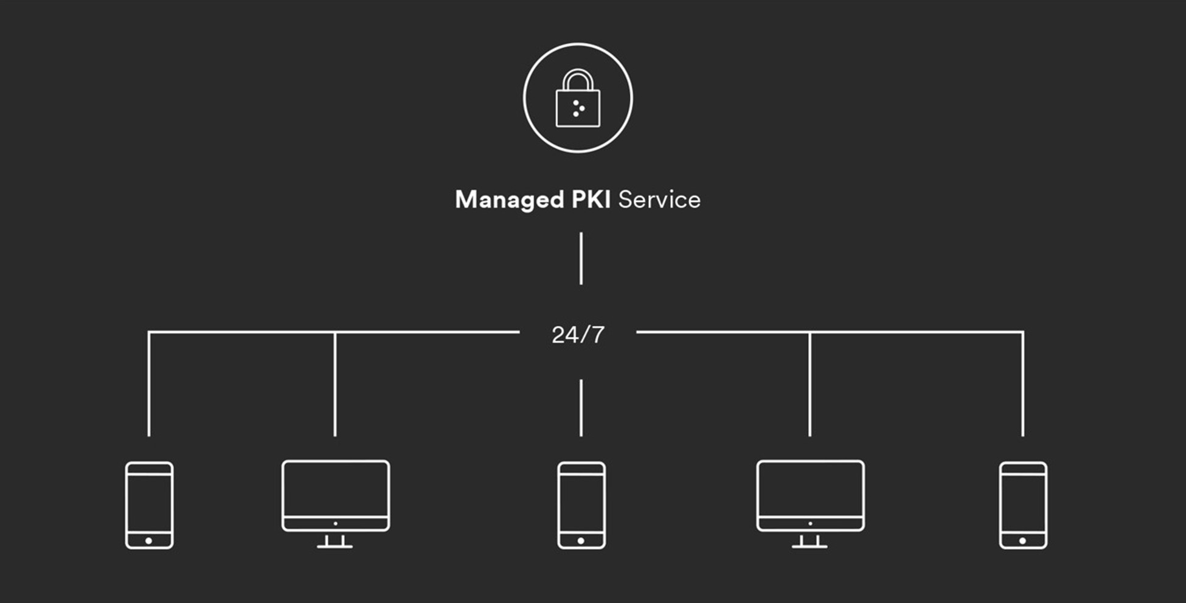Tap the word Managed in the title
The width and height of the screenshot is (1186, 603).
pos(509,200)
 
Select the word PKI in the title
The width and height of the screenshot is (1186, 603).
pos(591,200)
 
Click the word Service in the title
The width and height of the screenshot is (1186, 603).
pos(659,200)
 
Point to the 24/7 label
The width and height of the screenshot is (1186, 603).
pos(578,335)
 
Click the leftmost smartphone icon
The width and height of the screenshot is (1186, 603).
pos(149,505)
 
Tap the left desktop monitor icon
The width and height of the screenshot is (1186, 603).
pos(335,496)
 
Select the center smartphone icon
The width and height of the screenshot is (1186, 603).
pos(581,505)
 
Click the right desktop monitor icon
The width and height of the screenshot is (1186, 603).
pos(810,496)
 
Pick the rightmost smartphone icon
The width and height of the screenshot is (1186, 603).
pos(1023,505)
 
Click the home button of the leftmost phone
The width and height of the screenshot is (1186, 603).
pos(149,540)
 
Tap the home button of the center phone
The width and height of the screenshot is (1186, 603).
pos(581,540)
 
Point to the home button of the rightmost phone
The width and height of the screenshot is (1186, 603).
pos(1023,540)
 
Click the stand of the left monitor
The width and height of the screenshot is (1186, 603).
pos(335,541)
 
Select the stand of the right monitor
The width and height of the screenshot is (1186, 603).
pos(810,541)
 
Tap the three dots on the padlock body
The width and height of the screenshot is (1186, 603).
pos(578,108)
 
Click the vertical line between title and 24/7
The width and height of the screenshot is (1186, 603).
pos(581,258)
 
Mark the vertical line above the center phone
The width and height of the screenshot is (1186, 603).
pos(581,408)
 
